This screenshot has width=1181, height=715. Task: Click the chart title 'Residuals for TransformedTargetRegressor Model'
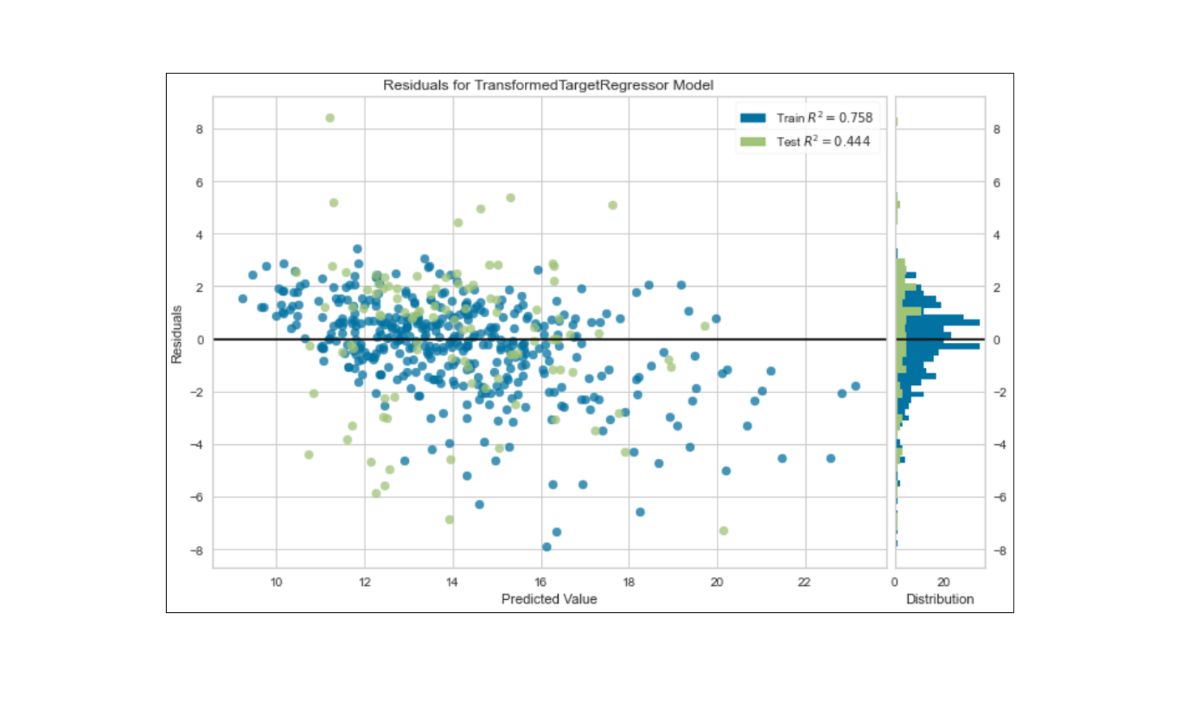pos(548,85)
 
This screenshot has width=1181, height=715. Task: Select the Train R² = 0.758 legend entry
pos(824,118)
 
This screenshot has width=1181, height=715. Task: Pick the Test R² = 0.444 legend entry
pos(822,141)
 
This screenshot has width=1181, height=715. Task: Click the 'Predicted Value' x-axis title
pos(548,599)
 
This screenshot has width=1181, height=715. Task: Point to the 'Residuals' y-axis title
pos(177,334)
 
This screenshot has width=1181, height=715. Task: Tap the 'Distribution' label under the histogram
pos(940,599)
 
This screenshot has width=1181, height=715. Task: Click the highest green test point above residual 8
pos(330,118)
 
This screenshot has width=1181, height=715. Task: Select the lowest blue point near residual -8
pos(547,547)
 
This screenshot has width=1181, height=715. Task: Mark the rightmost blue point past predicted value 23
pos(855,386)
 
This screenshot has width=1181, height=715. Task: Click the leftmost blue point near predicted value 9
pos(243,299)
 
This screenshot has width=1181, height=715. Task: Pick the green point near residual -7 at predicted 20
pos(723,531)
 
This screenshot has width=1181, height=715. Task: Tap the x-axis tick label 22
pos(804,582)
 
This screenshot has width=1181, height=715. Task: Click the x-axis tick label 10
pos(276,582)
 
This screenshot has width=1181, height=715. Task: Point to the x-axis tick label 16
pos(540,582)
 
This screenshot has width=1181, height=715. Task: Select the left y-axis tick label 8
pos(199,129)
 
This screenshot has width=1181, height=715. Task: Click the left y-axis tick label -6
pos(197,497)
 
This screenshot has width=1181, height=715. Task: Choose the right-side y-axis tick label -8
pos(1000,550)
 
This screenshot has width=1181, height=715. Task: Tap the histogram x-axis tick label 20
pos(944,582)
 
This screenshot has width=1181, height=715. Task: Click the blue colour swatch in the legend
pos(753,118)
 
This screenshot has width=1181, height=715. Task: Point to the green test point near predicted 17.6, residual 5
pos(612,205)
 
